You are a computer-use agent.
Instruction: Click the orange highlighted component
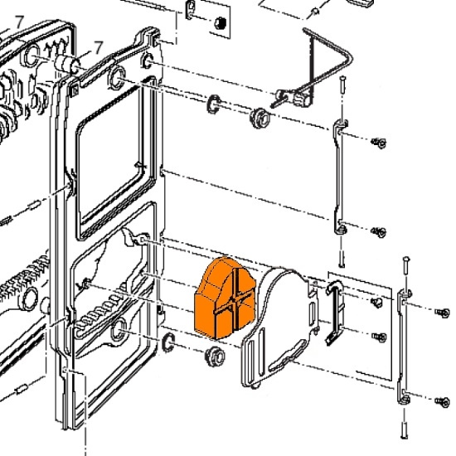(225, 298)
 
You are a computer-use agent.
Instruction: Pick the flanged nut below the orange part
(215, 356)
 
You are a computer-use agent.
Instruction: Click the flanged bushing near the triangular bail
(260, 118)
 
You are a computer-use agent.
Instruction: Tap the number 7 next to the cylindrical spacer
(99, 47)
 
